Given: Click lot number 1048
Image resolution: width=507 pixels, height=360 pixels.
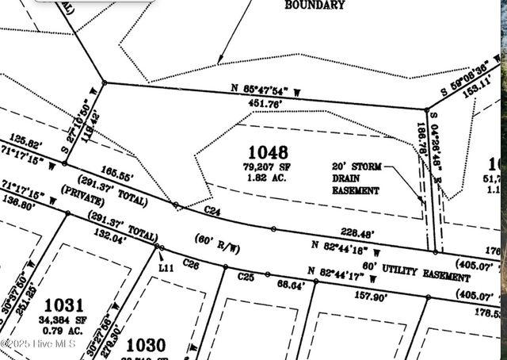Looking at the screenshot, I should pos(268,152).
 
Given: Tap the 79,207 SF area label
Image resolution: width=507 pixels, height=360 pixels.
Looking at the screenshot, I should pos(268,167).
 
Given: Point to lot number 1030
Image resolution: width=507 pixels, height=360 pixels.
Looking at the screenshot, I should pos(146,345).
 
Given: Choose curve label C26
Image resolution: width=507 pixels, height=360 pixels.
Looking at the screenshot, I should pos(190,262).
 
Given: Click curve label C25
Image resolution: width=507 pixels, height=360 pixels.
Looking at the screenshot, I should pos(246,277).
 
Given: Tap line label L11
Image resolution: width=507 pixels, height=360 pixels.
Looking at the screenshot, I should pos(166,268).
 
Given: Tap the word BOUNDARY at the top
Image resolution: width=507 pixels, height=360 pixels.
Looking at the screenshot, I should pos(315,6).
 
